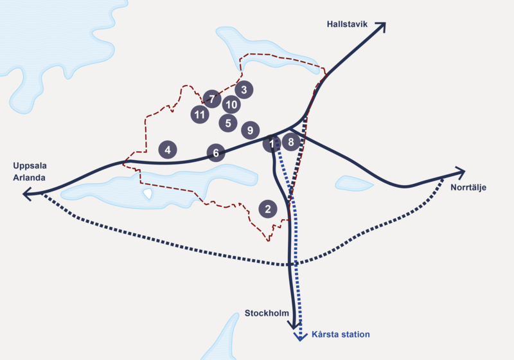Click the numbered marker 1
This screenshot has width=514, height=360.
click(271, 143)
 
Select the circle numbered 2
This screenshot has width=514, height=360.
click(267, 209)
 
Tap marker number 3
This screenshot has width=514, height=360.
click(244, 89)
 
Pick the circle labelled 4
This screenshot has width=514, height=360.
click(168, 150)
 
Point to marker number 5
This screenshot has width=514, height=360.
click(227, 122)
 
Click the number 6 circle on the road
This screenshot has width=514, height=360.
click(216, 153)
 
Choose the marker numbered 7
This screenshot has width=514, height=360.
click(211, 99)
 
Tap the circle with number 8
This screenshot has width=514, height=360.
click(291, 142)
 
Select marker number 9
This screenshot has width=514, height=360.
click(250, 130)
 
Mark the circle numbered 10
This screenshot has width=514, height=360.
click(231, 104)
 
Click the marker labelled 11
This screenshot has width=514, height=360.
click(200, 115)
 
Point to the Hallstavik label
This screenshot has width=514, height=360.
click(346, 24)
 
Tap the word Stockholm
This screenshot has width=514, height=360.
click(265, 313)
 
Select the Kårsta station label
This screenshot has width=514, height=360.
click(341, 335)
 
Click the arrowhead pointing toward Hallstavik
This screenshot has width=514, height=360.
click(382, 26)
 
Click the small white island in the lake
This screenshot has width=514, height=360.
click(148, 194)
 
